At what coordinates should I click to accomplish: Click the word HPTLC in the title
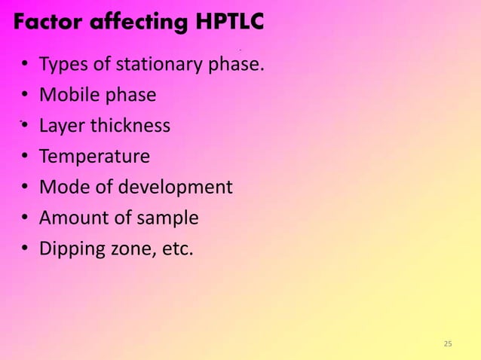[225, 23]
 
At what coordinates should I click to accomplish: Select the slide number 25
[448, 344]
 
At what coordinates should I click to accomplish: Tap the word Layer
[63, 126]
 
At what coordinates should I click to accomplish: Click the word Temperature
[94, 157]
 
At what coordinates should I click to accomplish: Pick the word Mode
[61, 187]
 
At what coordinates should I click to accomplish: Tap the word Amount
[73, 218]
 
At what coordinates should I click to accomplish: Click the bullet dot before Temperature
[25, 157]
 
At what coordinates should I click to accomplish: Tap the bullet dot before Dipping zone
[25, 249]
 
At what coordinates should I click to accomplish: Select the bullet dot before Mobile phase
[25, 96]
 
